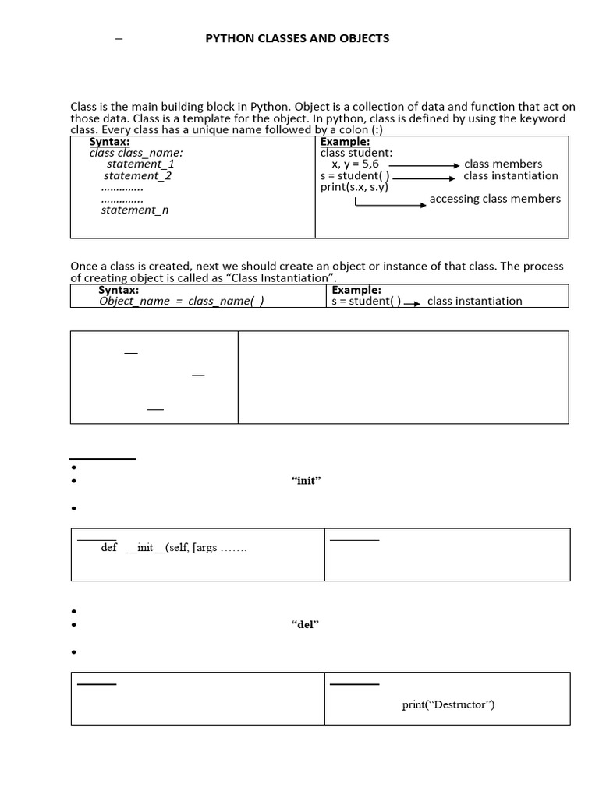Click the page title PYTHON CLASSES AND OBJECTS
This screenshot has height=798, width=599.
click(296, 38)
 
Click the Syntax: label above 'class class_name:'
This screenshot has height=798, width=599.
click(109, 142)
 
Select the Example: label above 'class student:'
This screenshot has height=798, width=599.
click(345, 142)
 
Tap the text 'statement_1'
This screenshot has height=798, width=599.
click(140, 164)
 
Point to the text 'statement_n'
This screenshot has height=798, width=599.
click(134, 210)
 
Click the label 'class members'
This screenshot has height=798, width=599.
click(502, 164)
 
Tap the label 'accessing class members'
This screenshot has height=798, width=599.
click(494, 199)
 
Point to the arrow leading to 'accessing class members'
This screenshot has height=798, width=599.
click(390, 204)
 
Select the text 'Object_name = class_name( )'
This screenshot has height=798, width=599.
click(181, 302)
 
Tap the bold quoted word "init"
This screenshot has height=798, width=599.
click(306, 481)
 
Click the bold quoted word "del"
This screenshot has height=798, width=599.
click(305, 625)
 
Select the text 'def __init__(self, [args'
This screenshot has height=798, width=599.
click(174, 548)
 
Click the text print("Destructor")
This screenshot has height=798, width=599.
click(448, 705)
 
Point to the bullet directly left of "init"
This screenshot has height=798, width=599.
click(73, 482)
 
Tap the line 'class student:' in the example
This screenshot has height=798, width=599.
click(356, 154)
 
